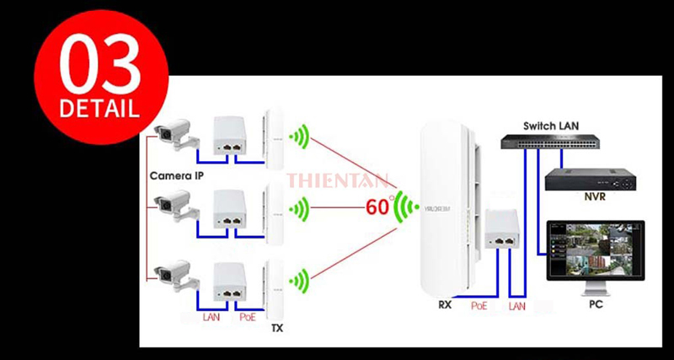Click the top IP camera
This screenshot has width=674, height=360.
tap(174, 134)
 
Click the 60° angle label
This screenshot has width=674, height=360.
tap(381, 205)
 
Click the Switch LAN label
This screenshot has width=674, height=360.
tap(551, 126)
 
